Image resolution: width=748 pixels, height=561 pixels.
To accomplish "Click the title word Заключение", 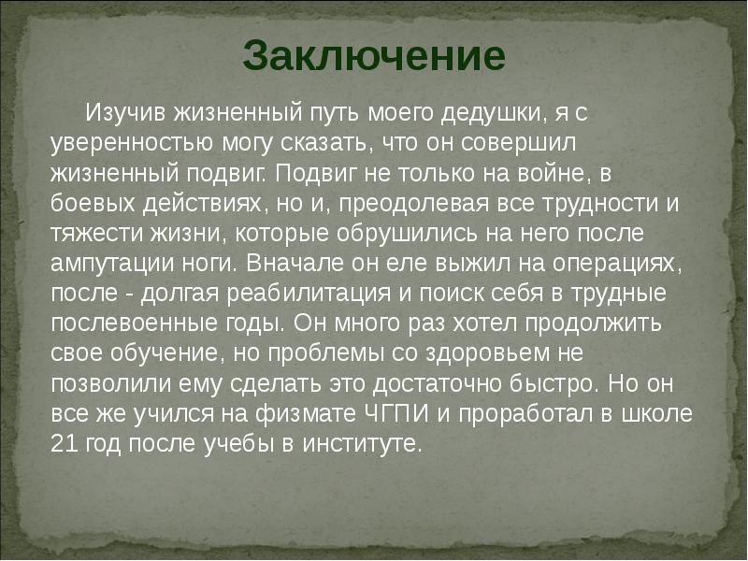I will pyautogui.click(x=374, y=55).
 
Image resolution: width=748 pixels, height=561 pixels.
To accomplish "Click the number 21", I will pyautogui.click(x=65, y=444).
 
